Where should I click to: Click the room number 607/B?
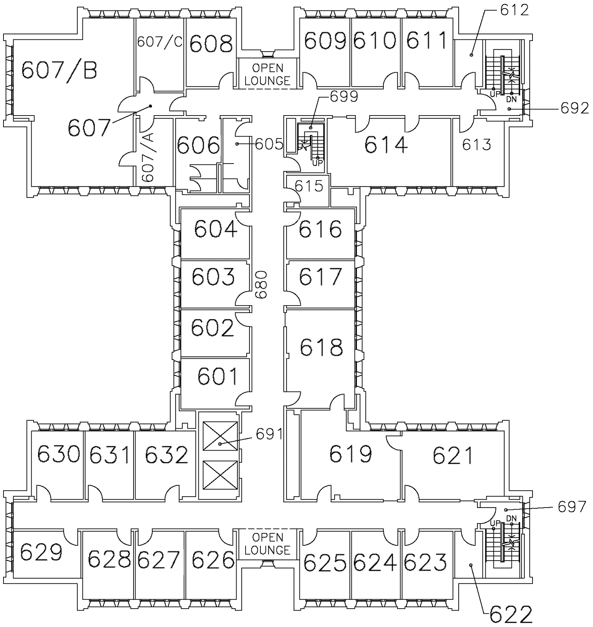click(59, 71)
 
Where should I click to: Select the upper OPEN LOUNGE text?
click(267, 74)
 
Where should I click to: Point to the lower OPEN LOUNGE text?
click(267, 543)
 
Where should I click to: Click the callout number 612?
click(515, 10)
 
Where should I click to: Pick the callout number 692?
click(575, 109)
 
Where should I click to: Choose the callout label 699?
click(344, 96)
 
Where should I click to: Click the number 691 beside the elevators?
click(269, 434)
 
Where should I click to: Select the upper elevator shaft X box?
click(221, 436)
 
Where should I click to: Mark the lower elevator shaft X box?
click(221, 475)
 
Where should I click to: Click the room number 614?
click(386, 145)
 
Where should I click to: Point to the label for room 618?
click(321, 347)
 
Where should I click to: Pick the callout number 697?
click(572, 507)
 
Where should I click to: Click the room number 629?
click(41, 552)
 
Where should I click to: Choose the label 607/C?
click(160, 42)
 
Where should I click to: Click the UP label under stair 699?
click(317, 163)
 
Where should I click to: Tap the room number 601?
click(217, 376)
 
